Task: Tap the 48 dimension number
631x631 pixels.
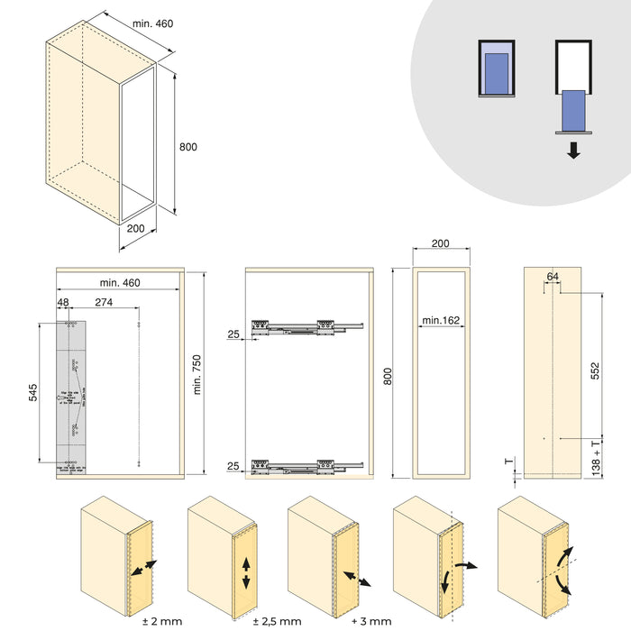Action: coord(62,303)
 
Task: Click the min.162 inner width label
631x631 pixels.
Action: coord(440,320)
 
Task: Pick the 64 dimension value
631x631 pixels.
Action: coord(552,277)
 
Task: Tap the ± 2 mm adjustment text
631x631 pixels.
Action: coord(162,621)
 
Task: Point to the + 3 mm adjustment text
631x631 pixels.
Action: coord(370,621)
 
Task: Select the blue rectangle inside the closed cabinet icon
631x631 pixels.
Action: coord(496,70)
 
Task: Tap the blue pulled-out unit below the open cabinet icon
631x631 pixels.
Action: coord(572,109)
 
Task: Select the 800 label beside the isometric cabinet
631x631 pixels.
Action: coord(187,147)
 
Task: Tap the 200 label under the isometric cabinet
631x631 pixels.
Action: coord(137,230)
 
